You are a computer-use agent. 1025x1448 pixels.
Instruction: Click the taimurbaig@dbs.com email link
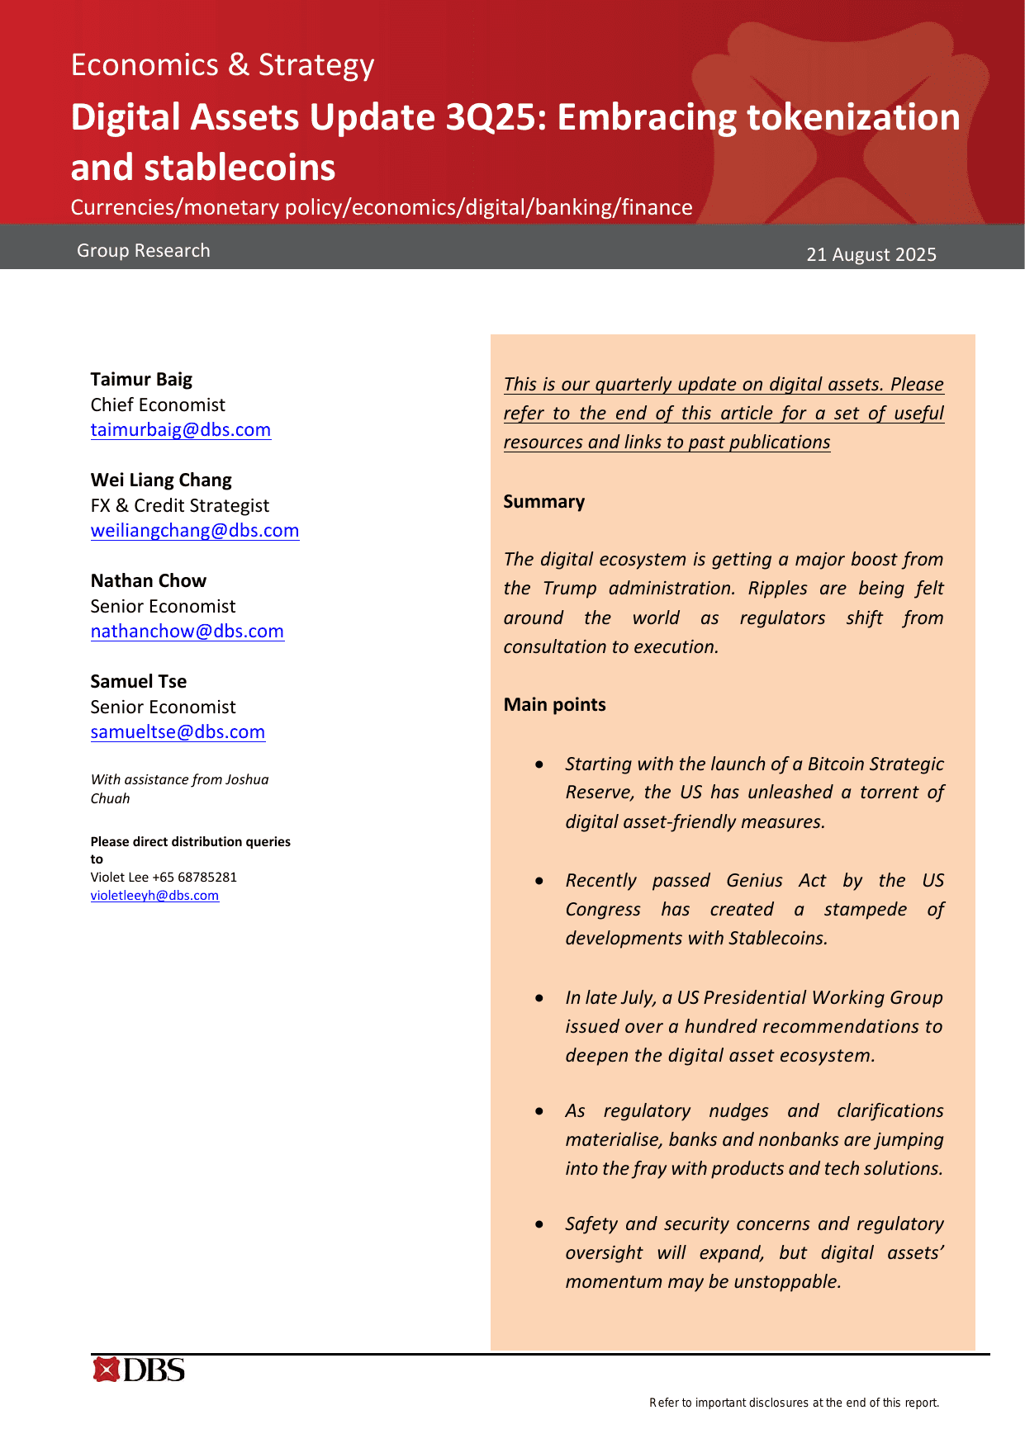coord(180,430)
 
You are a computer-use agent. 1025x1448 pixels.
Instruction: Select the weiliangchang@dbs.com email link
coord(194,531)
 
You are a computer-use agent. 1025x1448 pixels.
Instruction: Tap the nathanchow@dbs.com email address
coord(187,632)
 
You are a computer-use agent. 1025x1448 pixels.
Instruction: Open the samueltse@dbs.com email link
coord(178,732)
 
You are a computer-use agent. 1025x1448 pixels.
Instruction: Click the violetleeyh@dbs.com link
coord(154,896)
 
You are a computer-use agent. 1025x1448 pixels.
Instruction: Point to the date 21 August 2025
coord(871,254)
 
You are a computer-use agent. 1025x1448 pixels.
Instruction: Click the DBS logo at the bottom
coord(139,1370)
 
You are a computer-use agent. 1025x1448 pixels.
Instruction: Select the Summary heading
coord(543,502)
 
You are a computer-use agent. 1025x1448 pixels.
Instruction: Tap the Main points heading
coord(554,705)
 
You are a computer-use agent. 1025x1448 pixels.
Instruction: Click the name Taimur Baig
coord(141,380)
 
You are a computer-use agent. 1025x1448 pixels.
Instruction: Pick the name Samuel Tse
coord(138,682)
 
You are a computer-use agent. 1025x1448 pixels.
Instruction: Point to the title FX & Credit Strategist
coord(179,506)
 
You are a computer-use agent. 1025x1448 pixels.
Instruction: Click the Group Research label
coord(143,251)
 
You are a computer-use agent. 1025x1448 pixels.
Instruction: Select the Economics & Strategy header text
coord(222,64)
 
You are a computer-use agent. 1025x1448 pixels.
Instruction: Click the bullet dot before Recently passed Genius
coord(539,881)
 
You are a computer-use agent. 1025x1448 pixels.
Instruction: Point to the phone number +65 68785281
coord(194,878)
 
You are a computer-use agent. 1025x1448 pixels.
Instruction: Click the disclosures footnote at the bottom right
coord(794,1403)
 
